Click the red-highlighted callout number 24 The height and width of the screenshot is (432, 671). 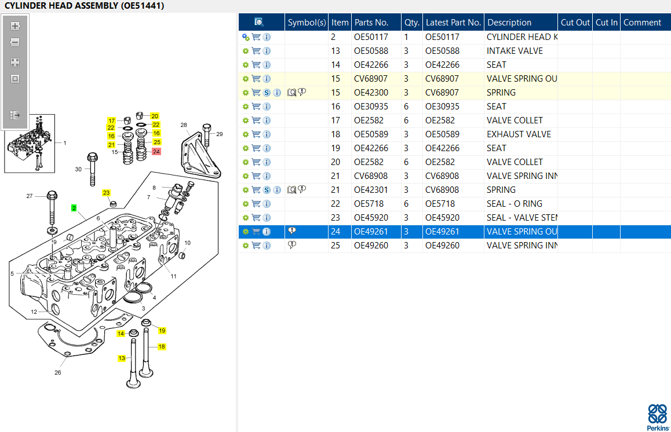coord(156,151)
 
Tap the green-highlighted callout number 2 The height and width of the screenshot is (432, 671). coord(74,208)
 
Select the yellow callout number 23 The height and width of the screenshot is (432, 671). coord(106,193)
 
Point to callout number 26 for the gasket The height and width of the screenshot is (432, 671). coord(58,372)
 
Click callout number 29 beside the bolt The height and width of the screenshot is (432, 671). coord(220,134)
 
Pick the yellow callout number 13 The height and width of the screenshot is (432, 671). coord(122,358)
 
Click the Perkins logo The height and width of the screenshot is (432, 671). coord(658,417)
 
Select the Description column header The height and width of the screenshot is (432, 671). coord(509,23)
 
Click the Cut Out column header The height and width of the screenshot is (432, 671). coord(575,23)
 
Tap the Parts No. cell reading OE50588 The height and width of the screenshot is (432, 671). coord(371,51)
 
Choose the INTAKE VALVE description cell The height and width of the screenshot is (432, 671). coord(515,51)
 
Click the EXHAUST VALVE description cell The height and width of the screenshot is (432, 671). coord(519,134)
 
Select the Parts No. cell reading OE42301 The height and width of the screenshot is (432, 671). coord(371,190)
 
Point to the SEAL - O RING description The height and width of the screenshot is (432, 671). coord(515,204)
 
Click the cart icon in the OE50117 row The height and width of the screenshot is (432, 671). coord(256,37)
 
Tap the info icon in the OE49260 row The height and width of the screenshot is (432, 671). coord(267,246)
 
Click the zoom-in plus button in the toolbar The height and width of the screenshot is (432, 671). coord(15,26)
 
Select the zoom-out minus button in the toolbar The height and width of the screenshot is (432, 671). coord(15,42)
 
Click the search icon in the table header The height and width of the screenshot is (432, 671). coord(258,22)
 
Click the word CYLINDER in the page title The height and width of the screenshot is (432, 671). coord(25,6)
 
